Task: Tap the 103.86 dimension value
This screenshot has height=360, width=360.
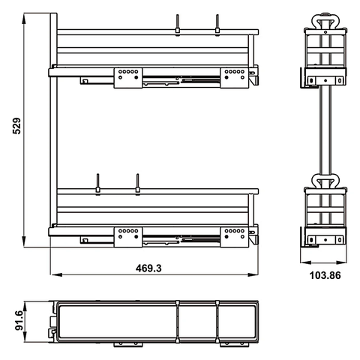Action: [323, 274]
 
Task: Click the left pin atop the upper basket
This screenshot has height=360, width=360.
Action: [178, 24]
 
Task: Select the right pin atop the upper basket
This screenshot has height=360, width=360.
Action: [217, 24]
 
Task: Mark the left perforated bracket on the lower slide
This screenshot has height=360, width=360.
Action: [127, 236]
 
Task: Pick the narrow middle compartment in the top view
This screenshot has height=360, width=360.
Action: [197, 322]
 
